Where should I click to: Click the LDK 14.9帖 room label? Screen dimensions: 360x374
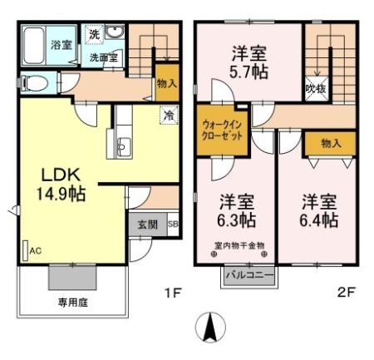57,183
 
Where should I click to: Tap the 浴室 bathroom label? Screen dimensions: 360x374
60,43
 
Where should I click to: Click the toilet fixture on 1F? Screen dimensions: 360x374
33,83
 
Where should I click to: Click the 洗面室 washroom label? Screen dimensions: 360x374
104,59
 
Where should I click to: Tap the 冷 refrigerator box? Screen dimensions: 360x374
168,116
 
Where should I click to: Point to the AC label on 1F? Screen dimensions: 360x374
36,249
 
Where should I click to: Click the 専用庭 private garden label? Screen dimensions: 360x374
71,302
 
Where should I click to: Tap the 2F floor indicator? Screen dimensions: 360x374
347,293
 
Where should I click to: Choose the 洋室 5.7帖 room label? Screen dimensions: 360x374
248,63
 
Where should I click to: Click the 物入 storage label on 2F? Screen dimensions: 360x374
330,143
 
